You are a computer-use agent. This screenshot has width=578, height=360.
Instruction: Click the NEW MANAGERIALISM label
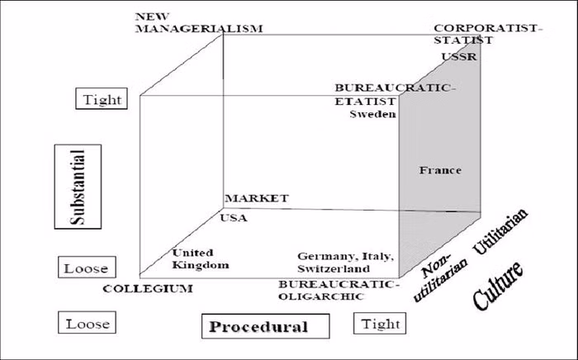[197, 21]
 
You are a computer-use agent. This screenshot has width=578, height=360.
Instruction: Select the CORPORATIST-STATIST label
[488, 33]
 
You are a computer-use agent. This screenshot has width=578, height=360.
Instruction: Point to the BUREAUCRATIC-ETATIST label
[395, 93]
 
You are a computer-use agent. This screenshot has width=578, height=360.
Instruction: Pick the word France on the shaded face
[439, 171]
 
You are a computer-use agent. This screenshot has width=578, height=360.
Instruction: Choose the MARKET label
[256, 198]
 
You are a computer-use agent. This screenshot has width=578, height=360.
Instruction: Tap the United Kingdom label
[199, 258]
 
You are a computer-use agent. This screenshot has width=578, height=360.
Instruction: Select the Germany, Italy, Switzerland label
[346, 263]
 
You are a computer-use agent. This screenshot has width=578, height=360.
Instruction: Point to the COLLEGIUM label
[148, 288]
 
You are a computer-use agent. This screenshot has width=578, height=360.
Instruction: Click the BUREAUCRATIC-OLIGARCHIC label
[339, 289]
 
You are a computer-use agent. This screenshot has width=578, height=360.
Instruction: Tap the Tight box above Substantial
[102, 100]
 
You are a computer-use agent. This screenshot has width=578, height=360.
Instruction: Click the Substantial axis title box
[76, 186]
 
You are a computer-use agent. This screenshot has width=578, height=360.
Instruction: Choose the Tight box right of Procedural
[380, 324]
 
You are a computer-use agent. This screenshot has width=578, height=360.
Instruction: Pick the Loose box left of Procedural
[88, 324]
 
